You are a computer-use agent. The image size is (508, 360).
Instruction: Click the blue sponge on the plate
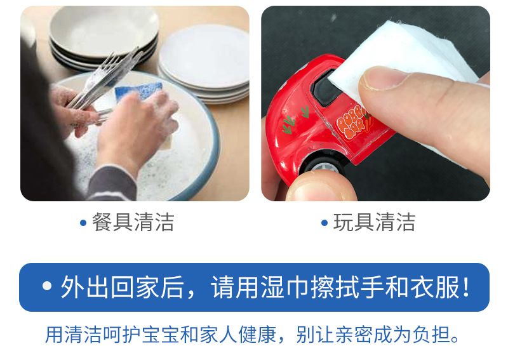[138, 90]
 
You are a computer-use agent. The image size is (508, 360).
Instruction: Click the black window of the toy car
[325, 88]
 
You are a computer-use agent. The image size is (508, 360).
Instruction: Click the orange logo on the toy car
[352, 123]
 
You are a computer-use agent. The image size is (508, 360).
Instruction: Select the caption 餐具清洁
[133, 222]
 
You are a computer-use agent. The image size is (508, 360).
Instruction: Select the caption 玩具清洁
[374, 222]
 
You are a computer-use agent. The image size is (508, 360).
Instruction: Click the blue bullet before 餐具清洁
[83, 223]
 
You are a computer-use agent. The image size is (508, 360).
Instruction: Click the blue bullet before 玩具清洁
[324, 223]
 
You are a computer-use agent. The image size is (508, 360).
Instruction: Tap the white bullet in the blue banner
[47, 286]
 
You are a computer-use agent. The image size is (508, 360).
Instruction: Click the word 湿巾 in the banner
[284, 287]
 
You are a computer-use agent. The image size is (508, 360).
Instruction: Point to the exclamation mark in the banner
[466, 287]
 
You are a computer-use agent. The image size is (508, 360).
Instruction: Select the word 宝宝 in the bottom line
[161, 335]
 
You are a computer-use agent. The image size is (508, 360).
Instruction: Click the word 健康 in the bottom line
[257, 335]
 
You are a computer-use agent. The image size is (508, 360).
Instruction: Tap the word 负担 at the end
[432, 335]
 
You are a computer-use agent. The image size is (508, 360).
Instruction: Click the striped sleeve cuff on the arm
[112, 183]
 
